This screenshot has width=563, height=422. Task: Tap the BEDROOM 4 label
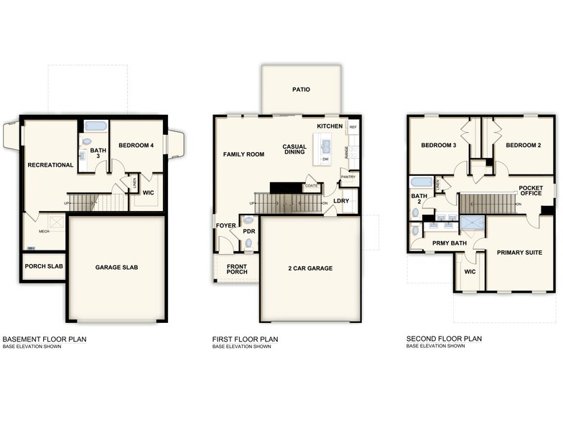pyautogui.click(x=136, y=146)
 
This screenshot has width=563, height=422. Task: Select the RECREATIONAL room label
pyautogui.click(x=50, y=165)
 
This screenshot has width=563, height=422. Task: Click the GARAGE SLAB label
pyautogui.click(x=116, y=268)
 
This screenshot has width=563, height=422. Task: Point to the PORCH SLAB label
pyautogui.click(x=43, y=266)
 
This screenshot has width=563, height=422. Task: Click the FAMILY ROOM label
pyautogui.click(x=243, y=154)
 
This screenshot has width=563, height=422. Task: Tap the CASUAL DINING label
pyautogui.click(x=294, y=149)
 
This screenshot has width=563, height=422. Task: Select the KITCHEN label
pyautogui.click(x=330, y=126)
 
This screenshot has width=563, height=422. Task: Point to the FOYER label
pyautogui.click(x=225, y=226)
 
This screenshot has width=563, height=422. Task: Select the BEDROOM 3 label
pyautogui.click(x=439, y=146)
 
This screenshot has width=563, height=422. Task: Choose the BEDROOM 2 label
pyautogui.click(x=523, y=146)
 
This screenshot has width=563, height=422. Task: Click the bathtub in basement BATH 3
pyautogui.click(x=96, y=126)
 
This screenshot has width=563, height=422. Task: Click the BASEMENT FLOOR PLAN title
pyautogui.click(x=45, y=339)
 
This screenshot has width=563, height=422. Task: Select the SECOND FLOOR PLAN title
pyautogui.click(x=444, y=339)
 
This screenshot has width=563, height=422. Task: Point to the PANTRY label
pyautogui.click(x=348, y=176)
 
